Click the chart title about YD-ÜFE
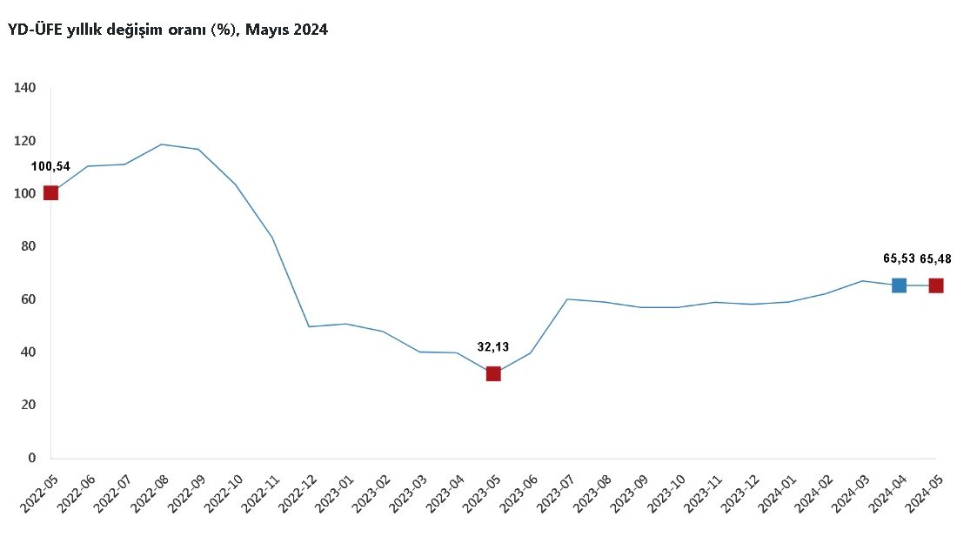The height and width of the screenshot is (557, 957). [168, 30]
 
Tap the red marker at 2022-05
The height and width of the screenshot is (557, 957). [50, 193]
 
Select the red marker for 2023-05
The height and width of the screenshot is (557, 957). [493, 373]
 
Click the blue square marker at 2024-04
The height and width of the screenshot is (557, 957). [899, 285]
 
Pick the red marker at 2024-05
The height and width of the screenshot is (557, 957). [935, 285]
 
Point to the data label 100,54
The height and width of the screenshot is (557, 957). [50, 167]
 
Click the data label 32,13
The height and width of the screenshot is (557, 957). [493, 347]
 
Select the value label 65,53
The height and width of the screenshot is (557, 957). [899, 258]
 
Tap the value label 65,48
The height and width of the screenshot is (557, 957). [935, 259]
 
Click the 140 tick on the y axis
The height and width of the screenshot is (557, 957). [25, 88]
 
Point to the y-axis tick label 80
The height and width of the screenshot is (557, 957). [29, 246]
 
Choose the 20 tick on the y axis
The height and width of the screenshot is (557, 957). [29, 405]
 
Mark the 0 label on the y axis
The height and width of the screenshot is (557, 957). [31, 458]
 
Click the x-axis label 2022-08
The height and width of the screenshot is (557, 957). [150, 493]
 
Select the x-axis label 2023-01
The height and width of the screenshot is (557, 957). [334, 493]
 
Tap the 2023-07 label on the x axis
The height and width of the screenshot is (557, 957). [555, 493]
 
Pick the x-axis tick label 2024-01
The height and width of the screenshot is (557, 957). [776, 493]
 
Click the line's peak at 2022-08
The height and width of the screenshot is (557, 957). [161, 144]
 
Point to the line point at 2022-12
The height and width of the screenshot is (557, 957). [309, 326]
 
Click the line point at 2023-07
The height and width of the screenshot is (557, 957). [567, 299]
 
